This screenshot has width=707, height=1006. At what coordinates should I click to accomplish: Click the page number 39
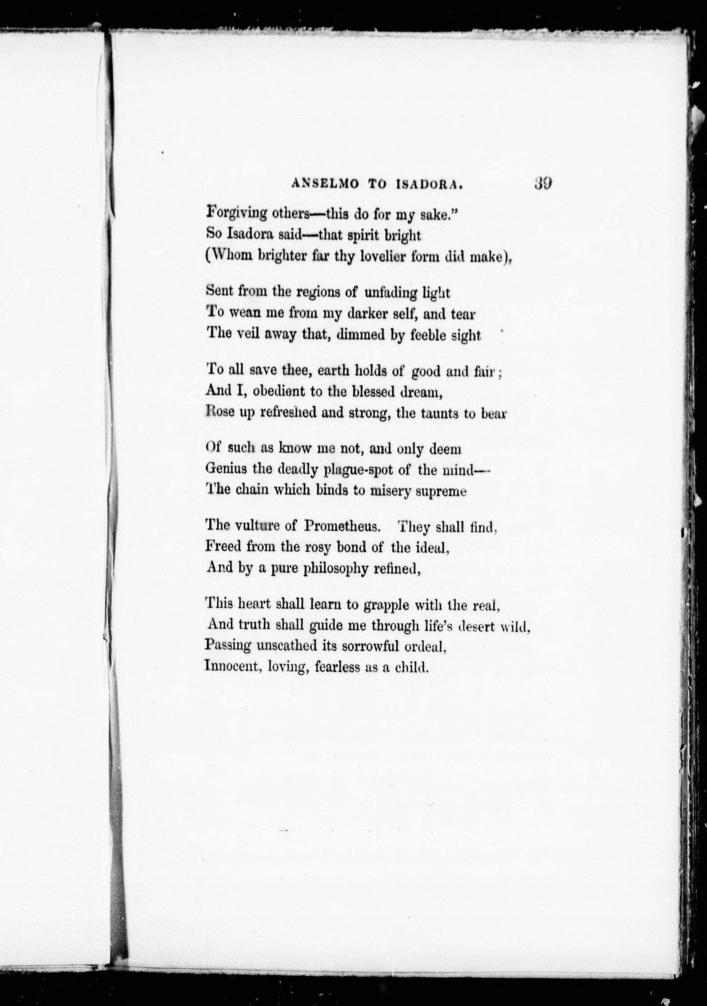(x=542, y=183)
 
